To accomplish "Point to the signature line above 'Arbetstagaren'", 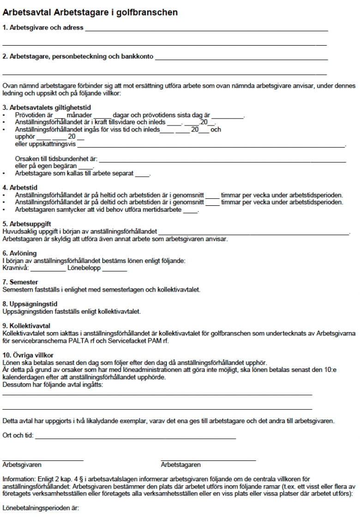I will (x=208, y=460).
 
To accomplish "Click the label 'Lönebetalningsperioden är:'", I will (x=41, y=508).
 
